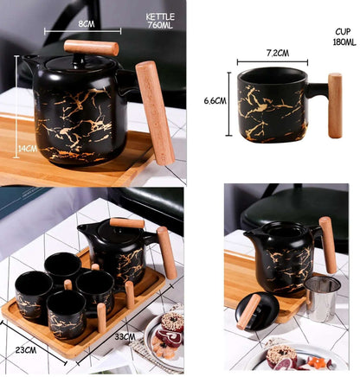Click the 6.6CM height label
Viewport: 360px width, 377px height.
coord(215,100)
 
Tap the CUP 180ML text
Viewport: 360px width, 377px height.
coord(344,36)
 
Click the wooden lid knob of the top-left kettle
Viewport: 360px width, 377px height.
coord(91,48)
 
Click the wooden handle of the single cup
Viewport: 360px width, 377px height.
coord(333,105)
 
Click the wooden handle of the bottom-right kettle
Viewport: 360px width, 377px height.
coord(327,245)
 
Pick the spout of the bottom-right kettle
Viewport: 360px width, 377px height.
coord(249,236)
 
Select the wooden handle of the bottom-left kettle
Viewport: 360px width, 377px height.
coord(165,252)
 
